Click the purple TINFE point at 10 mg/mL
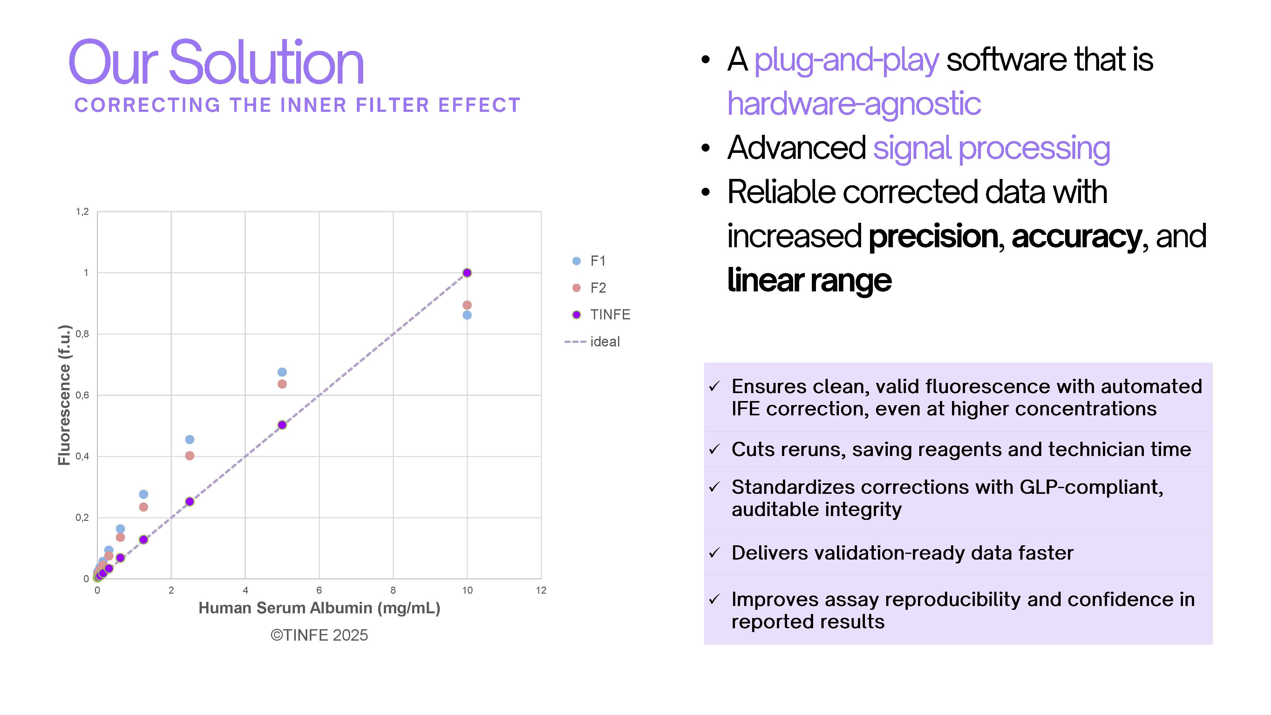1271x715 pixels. point(467,273)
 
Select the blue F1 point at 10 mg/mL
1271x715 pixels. point(467,315)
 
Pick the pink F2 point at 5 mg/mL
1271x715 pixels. point(282,384)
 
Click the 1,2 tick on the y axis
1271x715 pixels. point(82,212)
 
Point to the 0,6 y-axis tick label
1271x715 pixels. point(82,395)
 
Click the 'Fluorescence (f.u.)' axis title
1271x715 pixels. point(65,395)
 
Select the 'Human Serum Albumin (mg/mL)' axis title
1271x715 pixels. point(319,608)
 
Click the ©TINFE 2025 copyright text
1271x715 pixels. point(319,635)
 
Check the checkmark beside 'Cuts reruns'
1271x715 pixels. point(714,450)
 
